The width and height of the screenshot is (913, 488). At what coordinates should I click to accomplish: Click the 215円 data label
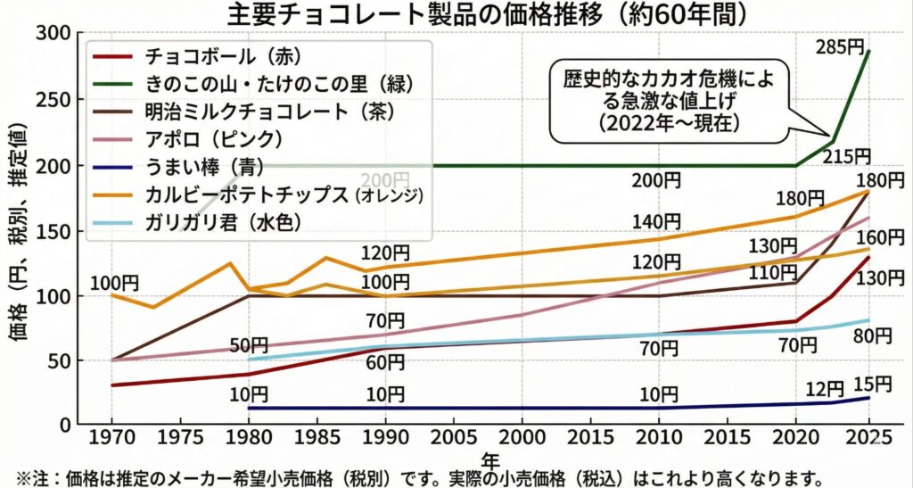846,156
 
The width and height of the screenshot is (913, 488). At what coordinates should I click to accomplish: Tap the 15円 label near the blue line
872,385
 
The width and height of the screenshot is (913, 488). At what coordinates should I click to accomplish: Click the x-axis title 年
489,459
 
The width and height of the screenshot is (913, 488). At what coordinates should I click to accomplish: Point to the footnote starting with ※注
419,477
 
